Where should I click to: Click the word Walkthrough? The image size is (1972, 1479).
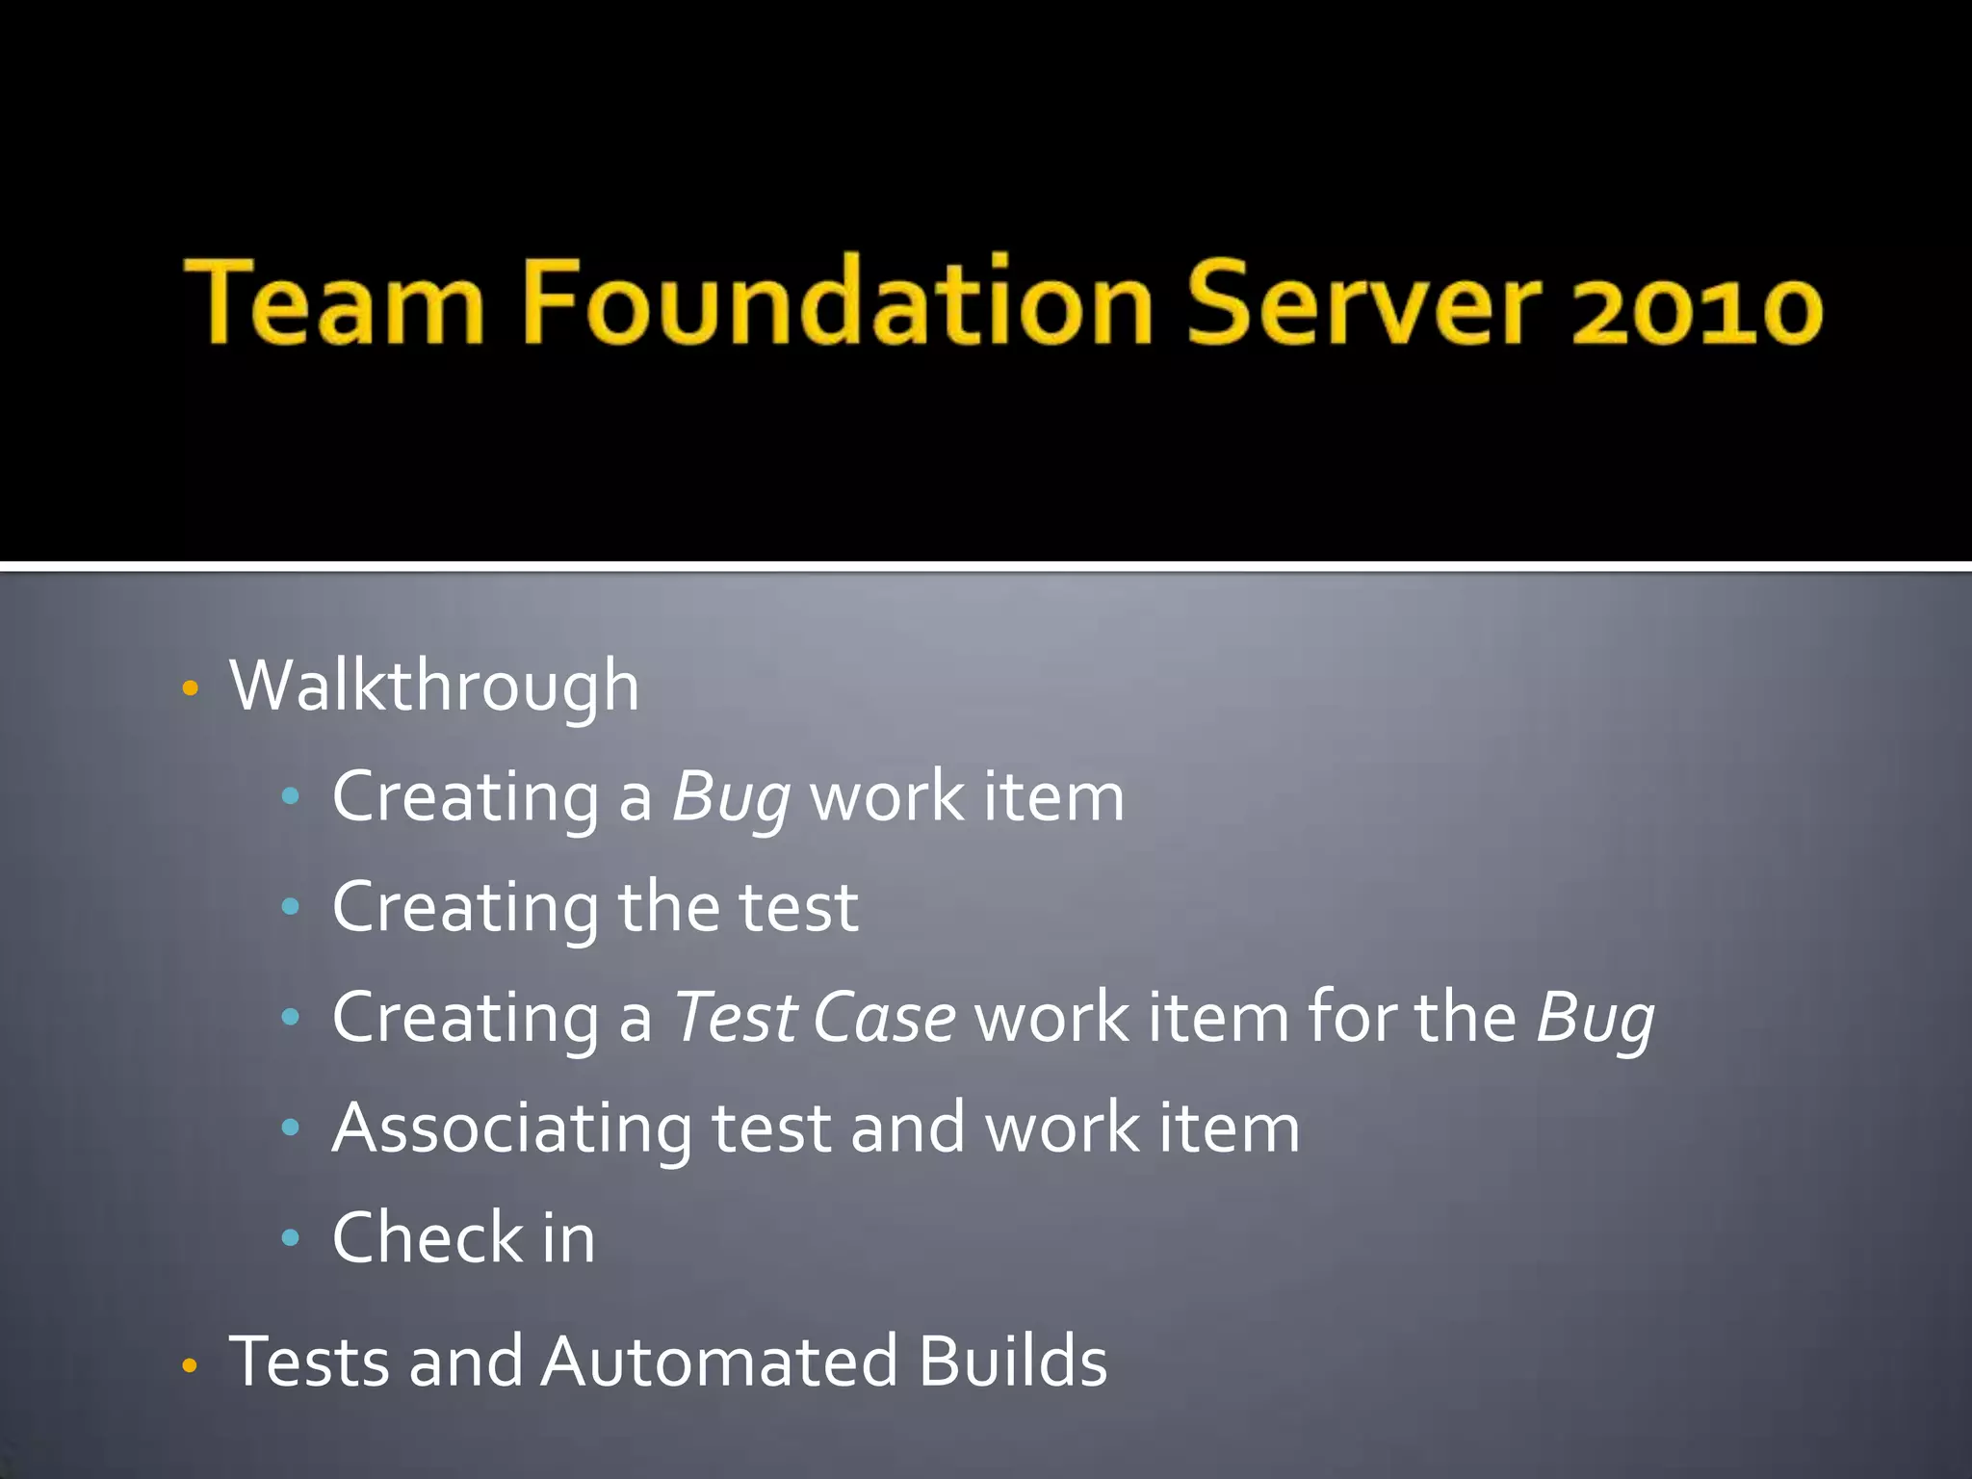[434, 687]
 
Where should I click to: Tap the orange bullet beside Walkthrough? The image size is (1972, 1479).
[190, 688]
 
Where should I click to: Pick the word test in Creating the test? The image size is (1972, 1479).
[797, 908]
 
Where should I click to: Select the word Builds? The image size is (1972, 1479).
[1012, 1362]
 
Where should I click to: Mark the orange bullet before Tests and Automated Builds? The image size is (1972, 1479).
[190, 1365]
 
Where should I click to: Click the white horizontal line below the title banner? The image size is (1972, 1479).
[986, 566]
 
